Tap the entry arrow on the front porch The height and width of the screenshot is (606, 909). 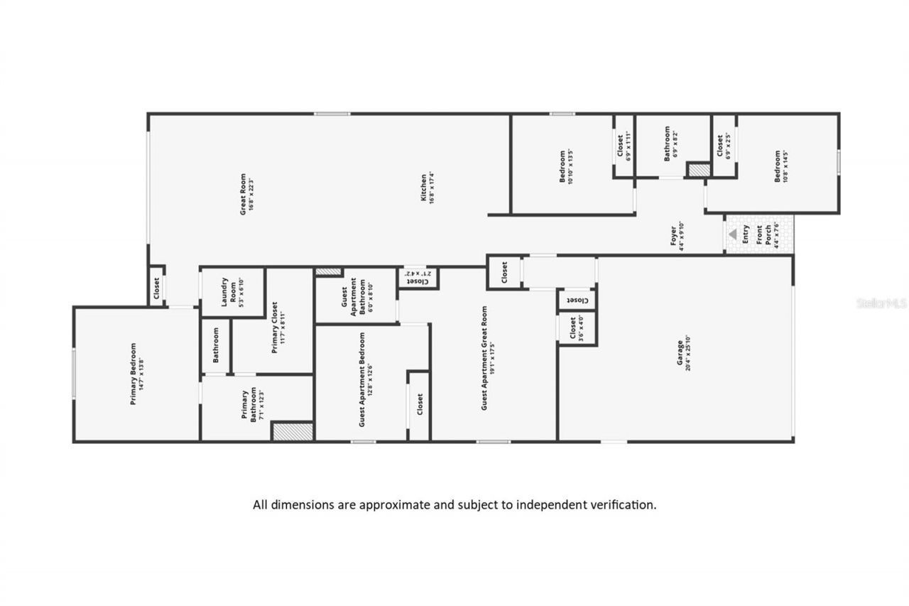pos(732,233)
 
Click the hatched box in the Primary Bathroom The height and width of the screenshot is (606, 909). pos(293,431)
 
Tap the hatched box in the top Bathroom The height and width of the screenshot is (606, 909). pos(698,170)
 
